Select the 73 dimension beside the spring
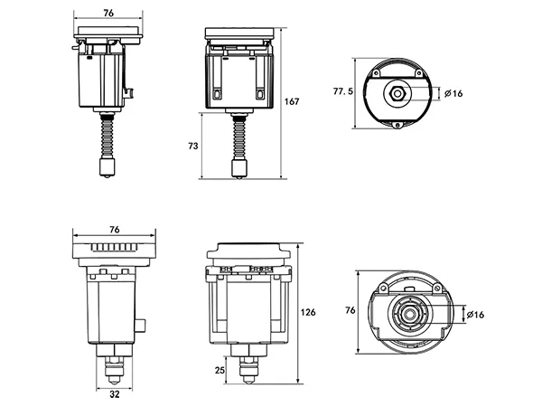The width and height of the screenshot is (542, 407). [x=193, y=145]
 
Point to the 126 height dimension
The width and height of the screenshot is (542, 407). [x=307, y=312]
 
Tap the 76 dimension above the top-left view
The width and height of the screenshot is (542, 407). [x=109, y=13]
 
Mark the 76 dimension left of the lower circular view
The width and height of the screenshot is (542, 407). [x=350, y=311]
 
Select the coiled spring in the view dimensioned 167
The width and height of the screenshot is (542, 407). [x=240, y=138]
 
